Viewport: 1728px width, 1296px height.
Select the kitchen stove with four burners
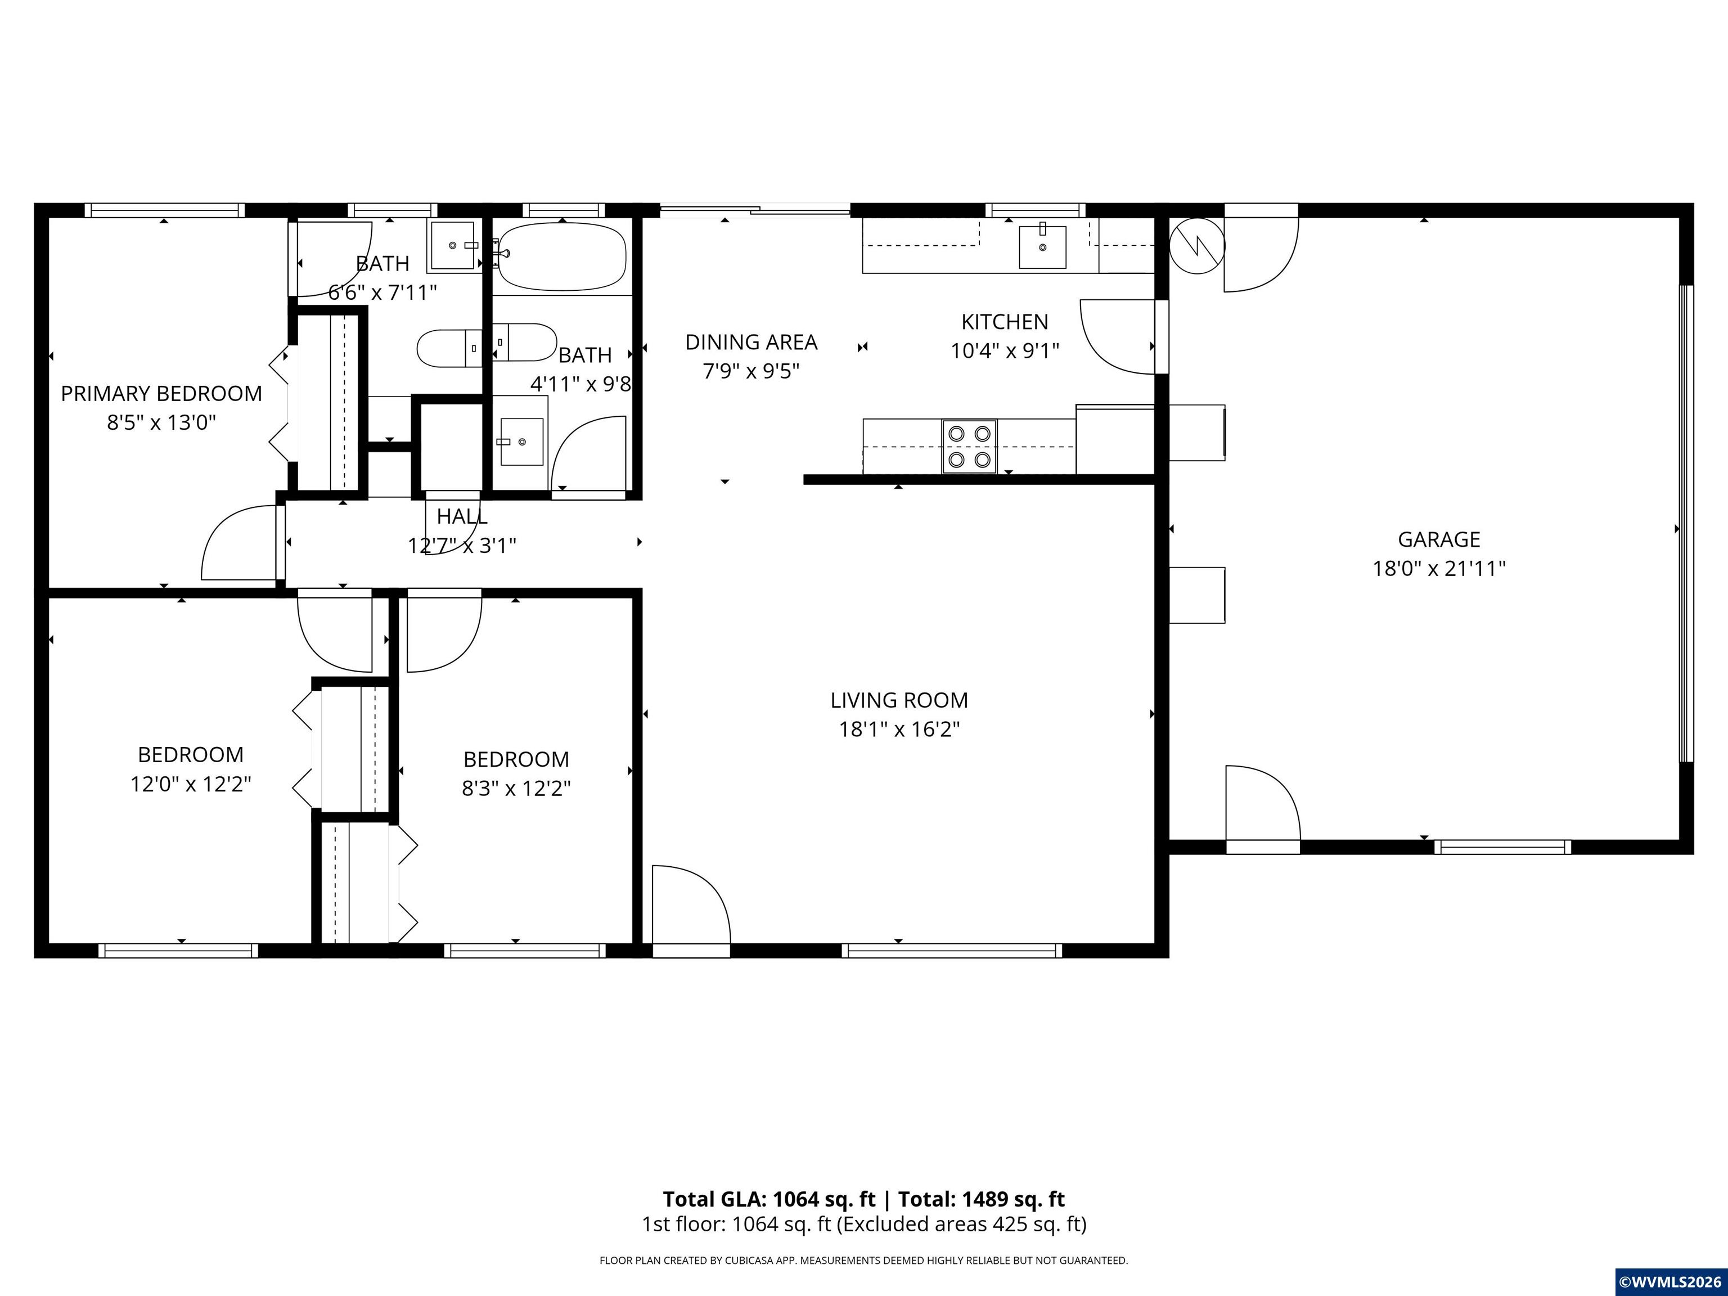[969, 446]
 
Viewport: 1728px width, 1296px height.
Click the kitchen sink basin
[1042, 247]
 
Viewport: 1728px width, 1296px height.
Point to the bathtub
[562, 256]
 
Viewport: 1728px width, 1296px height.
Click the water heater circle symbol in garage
[1197, 246]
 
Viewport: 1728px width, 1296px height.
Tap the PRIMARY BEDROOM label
[161, 394]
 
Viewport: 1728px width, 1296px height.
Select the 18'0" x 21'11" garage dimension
[1439, 569]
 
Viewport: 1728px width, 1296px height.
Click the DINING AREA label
[751, 342]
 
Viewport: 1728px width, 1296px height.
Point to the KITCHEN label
[1005, 322]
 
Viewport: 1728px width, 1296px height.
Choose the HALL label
[462, 516]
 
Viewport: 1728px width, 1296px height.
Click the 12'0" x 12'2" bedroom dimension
[191, 784]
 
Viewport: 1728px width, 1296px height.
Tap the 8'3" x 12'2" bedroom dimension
[516, 788]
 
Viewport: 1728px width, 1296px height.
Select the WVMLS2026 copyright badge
[1670, 1282]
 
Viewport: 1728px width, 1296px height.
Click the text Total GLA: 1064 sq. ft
[769, 1199]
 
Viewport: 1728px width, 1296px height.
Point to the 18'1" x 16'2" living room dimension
[899, 730]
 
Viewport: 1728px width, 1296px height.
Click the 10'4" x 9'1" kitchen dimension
[1005, 351]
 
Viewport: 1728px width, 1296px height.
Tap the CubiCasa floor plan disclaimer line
[863, 1260]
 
